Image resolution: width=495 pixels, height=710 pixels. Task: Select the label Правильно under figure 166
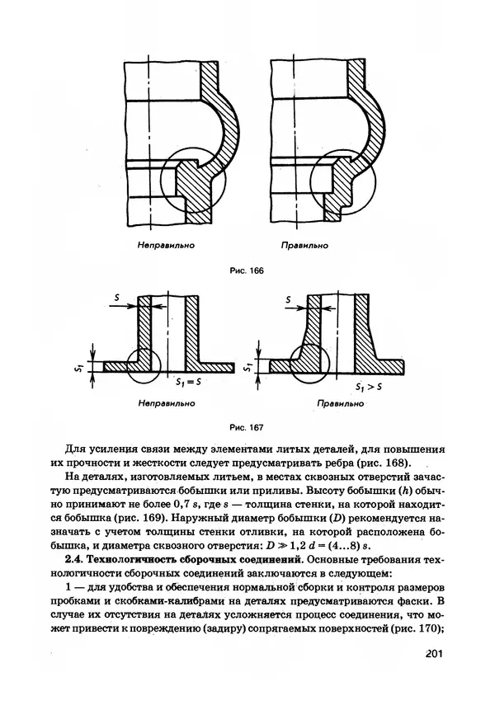pyautogui.click(x=304, y=245)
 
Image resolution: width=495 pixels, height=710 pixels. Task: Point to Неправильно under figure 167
pyautogui.click(x=167, y=404)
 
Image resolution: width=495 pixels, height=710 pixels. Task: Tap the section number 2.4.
pyautogui.click(x=77, y=560)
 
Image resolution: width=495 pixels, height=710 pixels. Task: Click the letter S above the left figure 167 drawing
pyautogui.click(x=118, y=294)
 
